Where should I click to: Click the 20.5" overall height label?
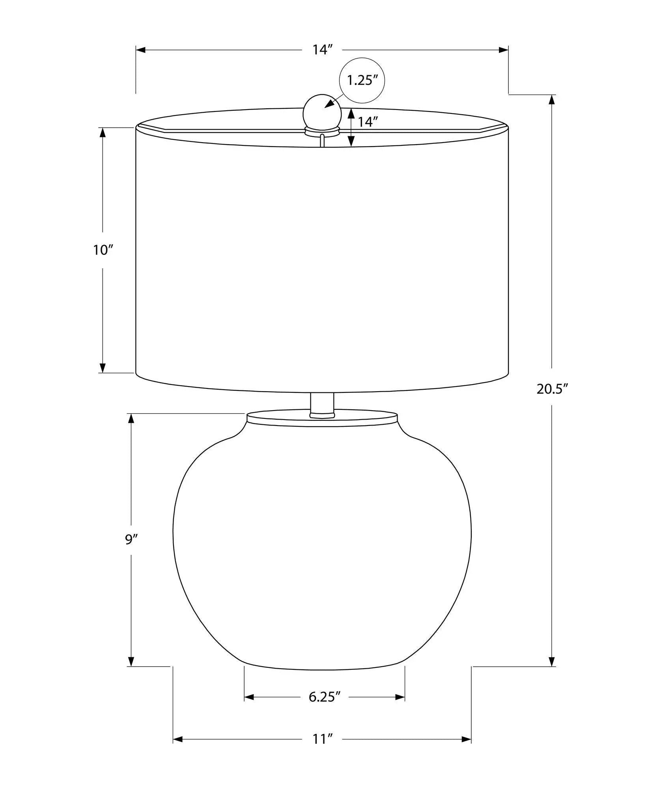pyautogui.click(x=552, y=389)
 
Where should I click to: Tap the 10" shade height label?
pyautogui.click(x=103, y=250)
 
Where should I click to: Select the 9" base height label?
pyautogui.click(x=131, y=539)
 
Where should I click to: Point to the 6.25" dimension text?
pyautogui.click(x=325, y=697)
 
